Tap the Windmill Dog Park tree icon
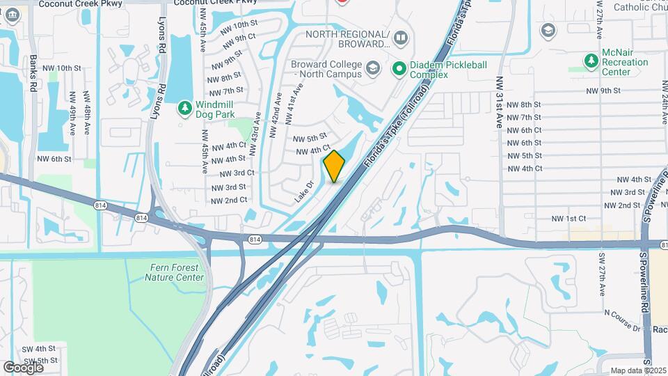pos(185,108)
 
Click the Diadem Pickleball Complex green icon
pos(399,68)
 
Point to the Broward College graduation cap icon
pos(373,68)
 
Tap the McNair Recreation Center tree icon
pos(591,61)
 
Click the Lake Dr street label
pos(304,192)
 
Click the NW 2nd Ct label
pos(230,201)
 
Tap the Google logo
pos(23,367)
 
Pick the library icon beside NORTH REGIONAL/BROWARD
pos(400,36)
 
